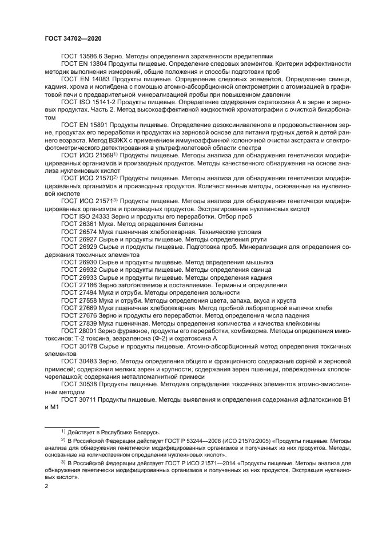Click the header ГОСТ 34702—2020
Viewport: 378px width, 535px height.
tap(73, 38)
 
